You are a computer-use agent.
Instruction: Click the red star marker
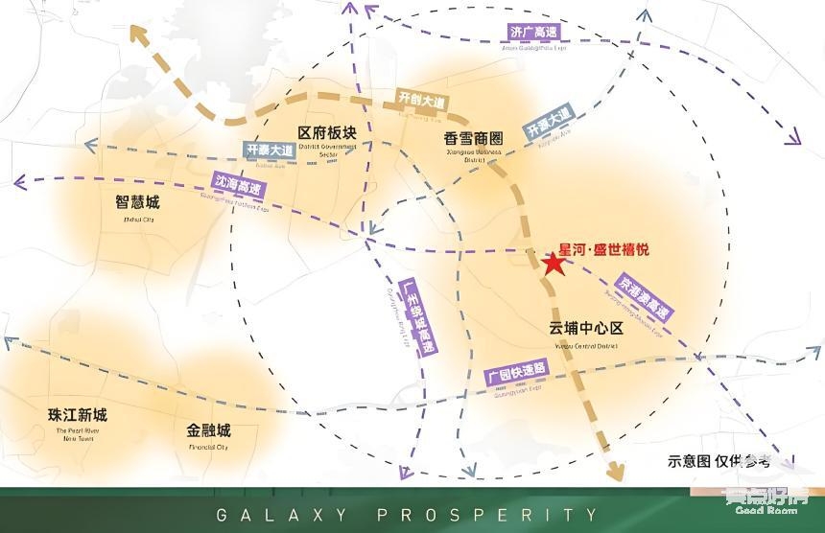553,263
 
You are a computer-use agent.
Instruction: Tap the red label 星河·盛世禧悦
604,249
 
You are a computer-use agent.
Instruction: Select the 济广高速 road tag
532,33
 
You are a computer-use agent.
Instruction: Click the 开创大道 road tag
423,100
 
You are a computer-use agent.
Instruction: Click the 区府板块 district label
327,132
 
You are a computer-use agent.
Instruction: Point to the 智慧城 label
137,203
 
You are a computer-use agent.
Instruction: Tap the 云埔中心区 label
586,328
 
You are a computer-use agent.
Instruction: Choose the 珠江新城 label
78,415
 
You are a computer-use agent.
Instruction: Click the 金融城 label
209,429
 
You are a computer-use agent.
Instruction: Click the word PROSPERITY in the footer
487,515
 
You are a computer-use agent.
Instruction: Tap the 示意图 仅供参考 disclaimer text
719,460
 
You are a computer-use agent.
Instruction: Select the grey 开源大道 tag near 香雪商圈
547,126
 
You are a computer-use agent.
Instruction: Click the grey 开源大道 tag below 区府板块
269,151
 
